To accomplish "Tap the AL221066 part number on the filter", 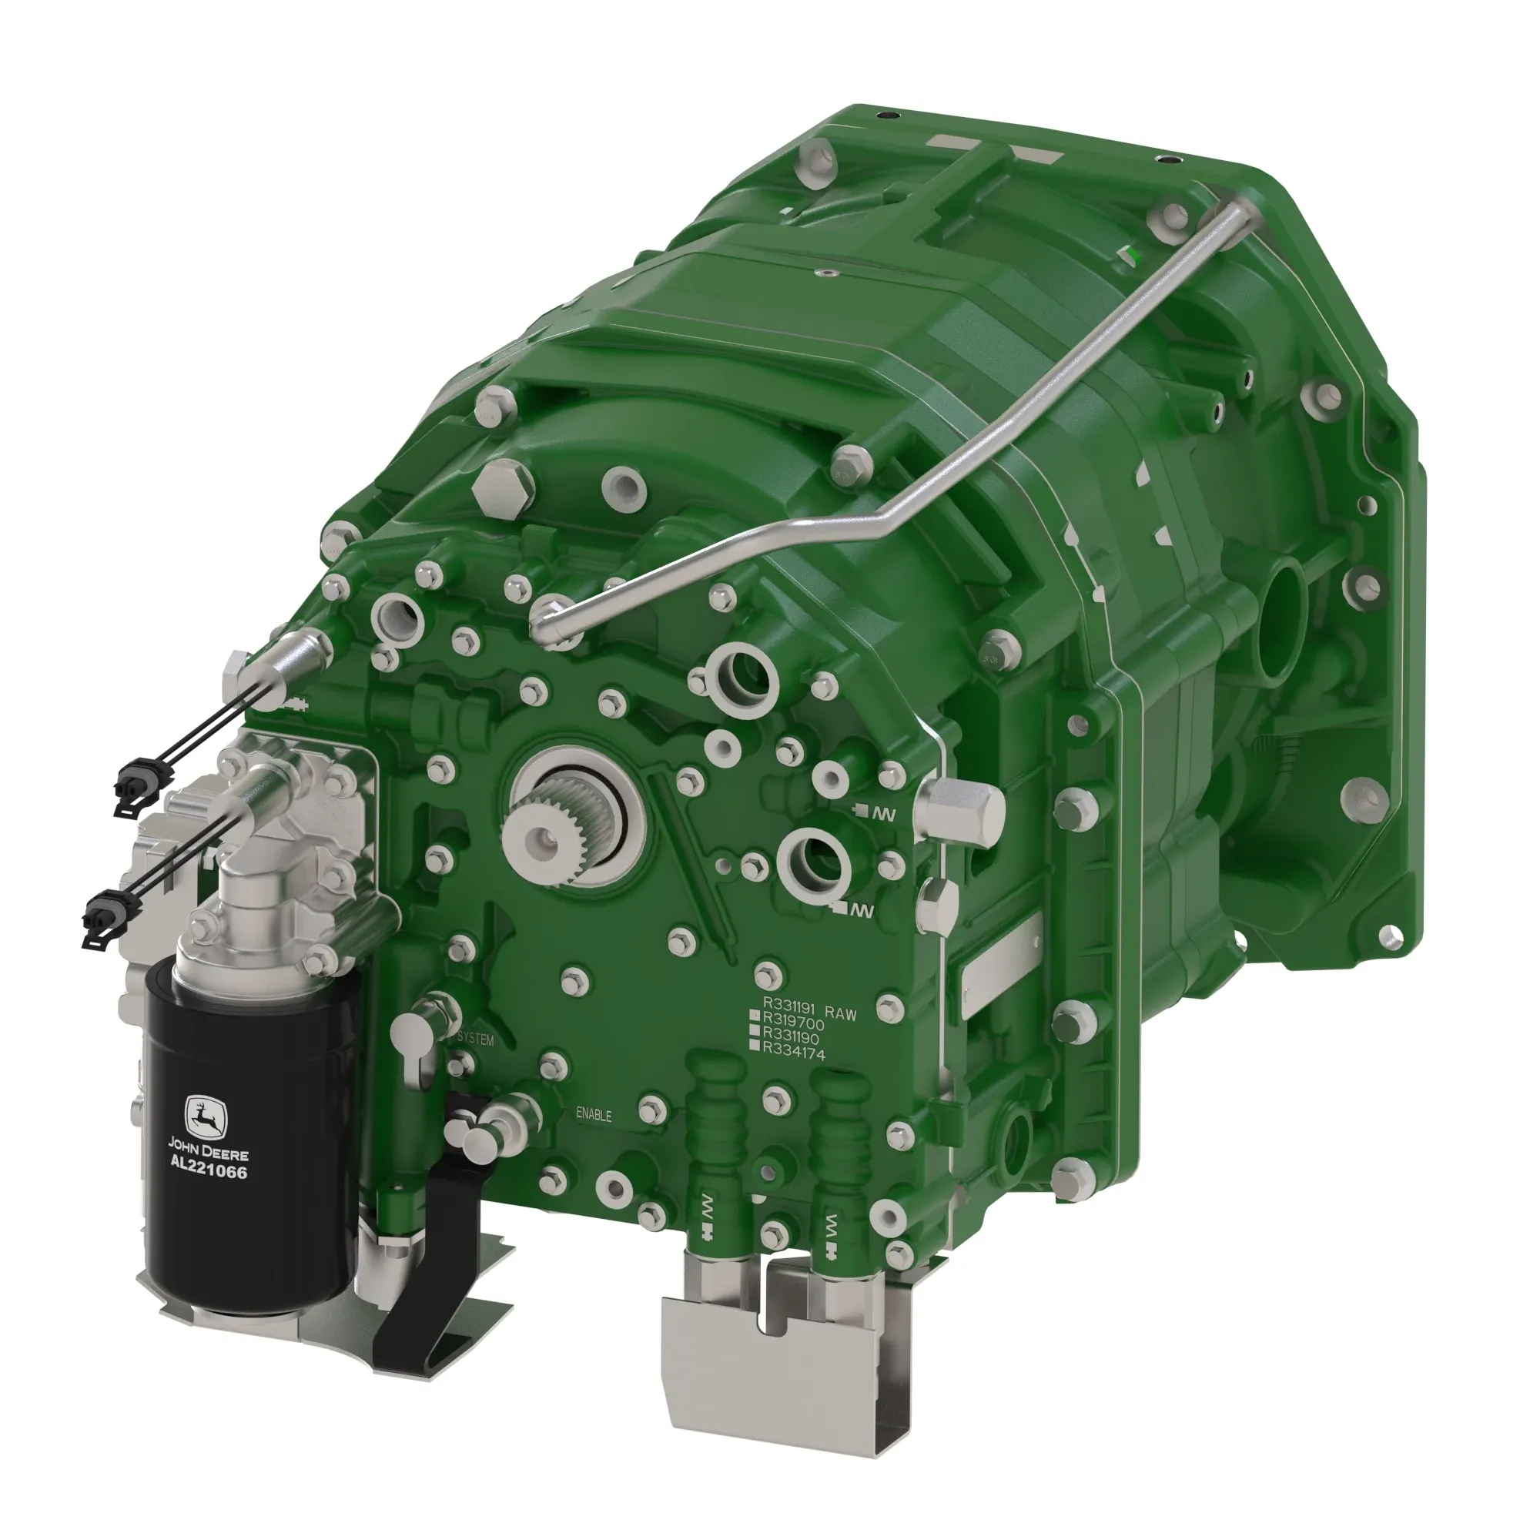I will (209, 1173).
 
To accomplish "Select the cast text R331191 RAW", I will (809, 1014).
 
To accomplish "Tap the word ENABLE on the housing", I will (594, 1114).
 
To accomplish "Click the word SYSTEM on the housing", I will (476, 1040).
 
